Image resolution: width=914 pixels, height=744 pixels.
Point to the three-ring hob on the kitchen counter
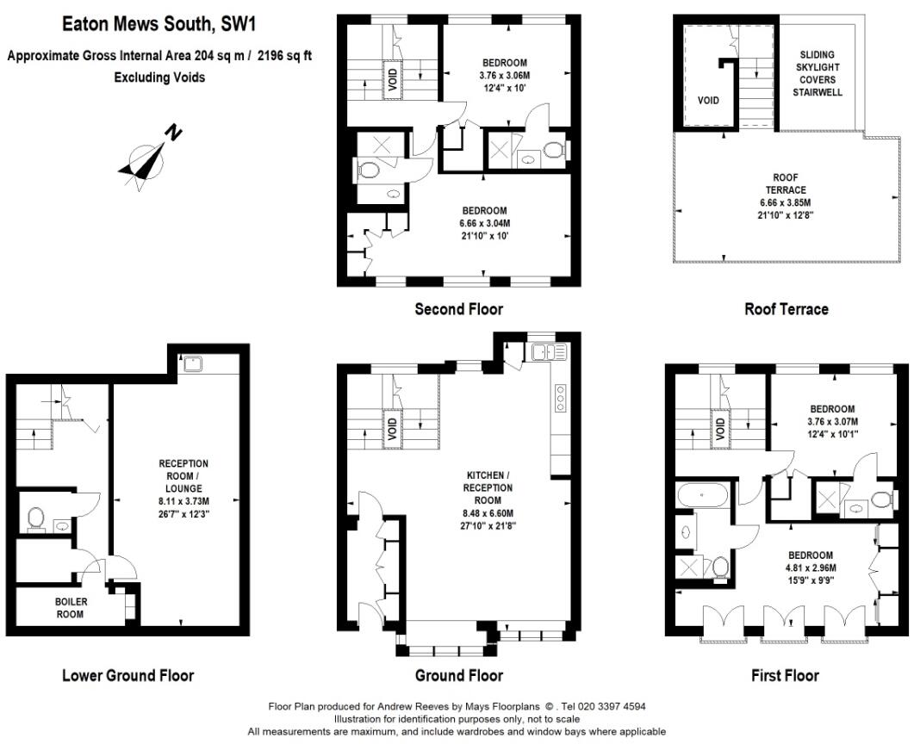[561, 399]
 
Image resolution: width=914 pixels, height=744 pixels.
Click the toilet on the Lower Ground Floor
[36, 518]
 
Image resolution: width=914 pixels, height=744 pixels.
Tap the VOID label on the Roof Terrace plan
[708, 101]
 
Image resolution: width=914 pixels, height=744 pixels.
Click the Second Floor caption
[458, 308]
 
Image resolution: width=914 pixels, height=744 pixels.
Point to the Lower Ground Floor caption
[127, 675]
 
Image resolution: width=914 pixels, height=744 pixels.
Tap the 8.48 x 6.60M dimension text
[489, 512]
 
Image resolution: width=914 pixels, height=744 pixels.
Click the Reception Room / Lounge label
[183, 475]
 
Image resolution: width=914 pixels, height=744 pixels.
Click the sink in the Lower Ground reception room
[192, 363]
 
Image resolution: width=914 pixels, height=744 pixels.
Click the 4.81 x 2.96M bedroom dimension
[809, 567]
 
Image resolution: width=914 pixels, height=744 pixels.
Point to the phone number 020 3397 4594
[613, 706]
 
